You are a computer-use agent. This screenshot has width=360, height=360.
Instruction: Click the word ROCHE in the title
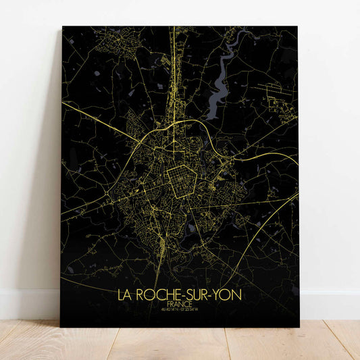pos(160,295)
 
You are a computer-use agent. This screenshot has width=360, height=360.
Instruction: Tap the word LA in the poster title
pos(124,295)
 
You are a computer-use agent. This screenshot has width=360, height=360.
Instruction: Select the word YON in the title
pos(228,295)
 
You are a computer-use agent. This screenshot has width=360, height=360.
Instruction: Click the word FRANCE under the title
pos(179,305)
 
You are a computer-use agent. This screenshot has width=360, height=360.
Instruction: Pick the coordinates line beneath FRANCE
pos(179,311)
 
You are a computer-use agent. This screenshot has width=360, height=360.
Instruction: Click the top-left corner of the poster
pos(63,27)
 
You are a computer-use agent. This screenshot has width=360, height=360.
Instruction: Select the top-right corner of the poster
pos(297,27)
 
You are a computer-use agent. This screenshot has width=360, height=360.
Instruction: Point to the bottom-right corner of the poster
pos(297,327)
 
